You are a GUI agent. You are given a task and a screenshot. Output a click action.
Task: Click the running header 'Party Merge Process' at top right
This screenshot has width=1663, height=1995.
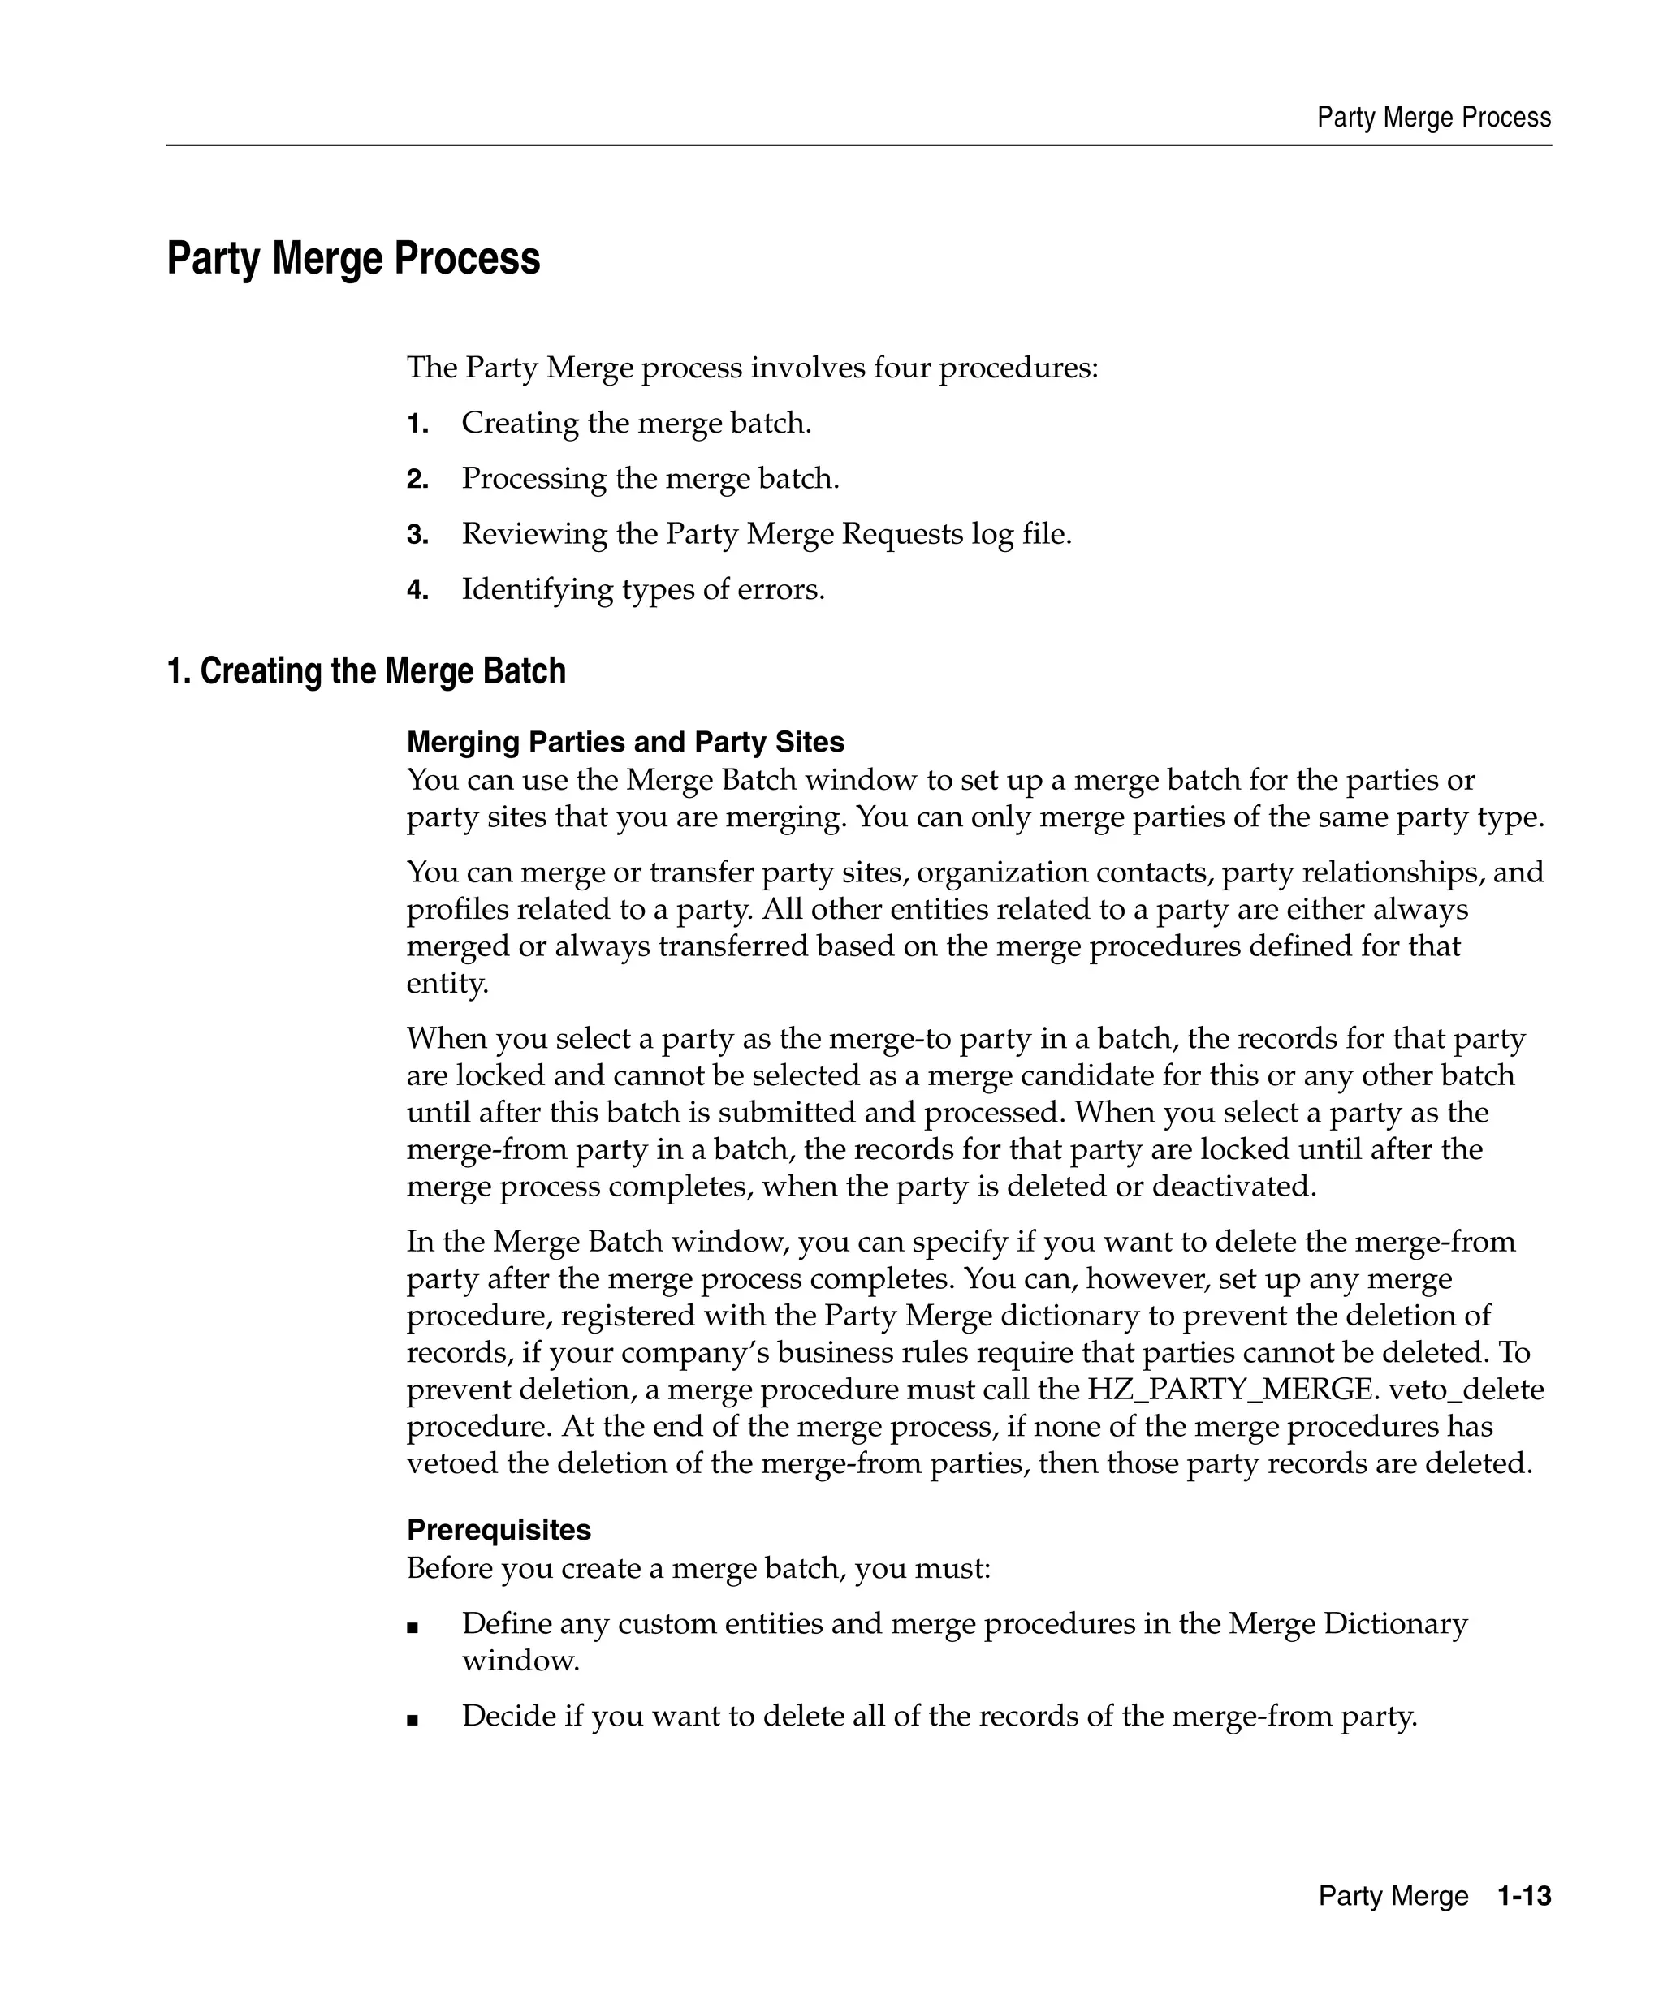[1433, 118]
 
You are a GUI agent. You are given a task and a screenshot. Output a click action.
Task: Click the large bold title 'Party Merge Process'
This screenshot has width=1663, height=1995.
[353, 258]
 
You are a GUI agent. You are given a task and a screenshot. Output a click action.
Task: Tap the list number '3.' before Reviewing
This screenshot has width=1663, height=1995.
[417, 535]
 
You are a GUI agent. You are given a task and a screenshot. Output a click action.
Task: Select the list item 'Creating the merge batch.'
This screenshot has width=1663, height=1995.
[636, 423]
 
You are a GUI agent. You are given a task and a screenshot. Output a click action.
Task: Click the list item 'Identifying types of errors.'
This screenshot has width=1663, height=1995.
[642, 590]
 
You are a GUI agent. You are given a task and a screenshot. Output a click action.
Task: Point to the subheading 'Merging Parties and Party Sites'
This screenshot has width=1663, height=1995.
[625, 742]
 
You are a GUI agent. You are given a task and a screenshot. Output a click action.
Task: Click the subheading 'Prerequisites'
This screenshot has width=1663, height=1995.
[498, 1529]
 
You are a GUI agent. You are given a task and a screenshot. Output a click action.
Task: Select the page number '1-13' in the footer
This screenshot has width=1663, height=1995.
[1523, 1896]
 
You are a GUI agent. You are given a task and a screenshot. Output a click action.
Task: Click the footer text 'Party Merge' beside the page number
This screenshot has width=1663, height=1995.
[1393, 1896]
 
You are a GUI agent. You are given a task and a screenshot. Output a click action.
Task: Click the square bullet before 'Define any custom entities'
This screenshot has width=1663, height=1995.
[413, 1627]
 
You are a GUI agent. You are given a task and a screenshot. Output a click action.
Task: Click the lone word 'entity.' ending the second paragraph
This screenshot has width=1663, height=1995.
[447, 983]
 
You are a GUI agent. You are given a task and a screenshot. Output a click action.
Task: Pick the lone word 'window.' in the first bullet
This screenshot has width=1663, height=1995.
[520, 1661]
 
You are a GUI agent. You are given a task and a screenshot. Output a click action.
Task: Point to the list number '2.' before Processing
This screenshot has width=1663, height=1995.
[417, 480]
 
